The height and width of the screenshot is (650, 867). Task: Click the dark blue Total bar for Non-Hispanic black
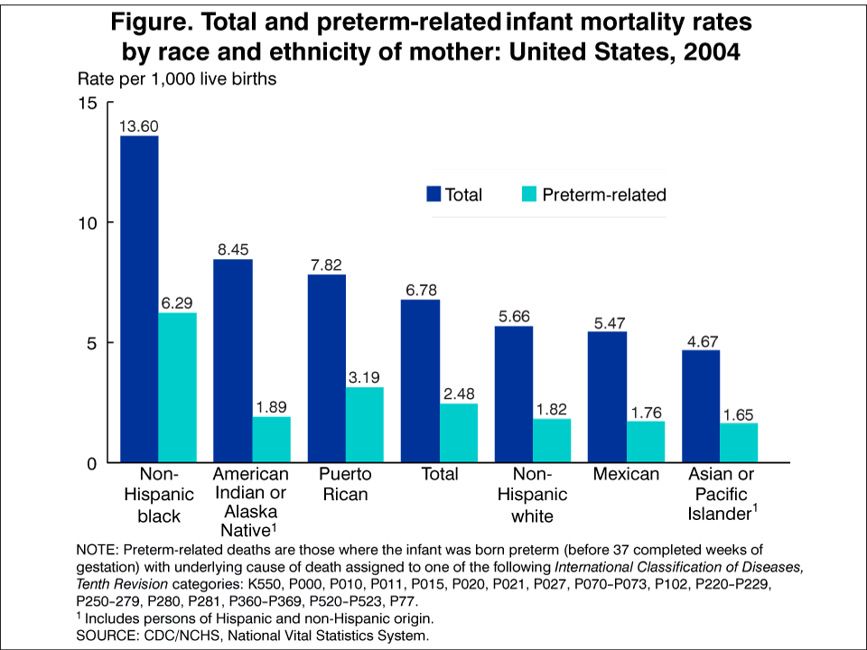(x=139, y=299)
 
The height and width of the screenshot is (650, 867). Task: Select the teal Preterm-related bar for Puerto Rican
(x=365, y=424)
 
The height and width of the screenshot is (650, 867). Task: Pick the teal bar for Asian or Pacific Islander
(x=739, y=442)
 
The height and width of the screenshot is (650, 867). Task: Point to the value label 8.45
(x=233, y=250)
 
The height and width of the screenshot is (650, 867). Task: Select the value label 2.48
(x=459, y=395)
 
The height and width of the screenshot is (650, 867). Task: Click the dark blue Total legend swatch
(x=433, y=194)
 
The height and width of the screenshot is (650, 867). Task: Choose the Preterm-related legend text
(x=604, y=194)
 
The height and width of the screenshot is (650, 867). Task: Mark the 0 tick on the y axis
(x=91, y=463)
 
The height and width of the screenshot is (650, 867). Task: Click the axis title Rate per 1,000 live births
(x=177, y=79)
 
